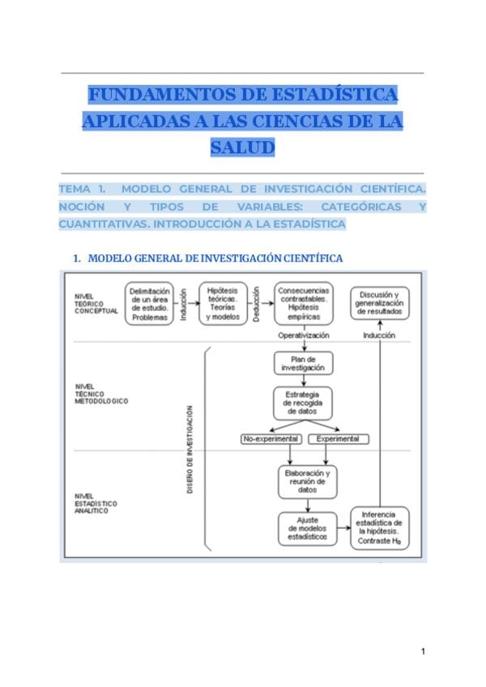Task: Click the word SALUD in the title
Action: (x=242, y=148)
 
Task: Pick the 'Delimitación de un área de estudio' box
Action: (x=148, y=304)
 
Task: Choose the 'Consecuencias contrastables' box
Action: (x=303, y=304)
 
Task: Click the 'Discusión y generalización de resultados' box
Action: (x=379, y=304)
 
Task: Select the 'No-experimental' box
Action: (x=271, y=439)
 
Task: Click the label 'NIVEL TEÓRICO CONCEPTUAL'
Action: (x=95, y=304)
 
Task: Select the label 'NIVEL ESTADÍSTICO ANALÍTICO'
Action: (x=95, y=503)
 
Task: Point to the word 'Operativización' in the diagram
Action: (x=303, y=334)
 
